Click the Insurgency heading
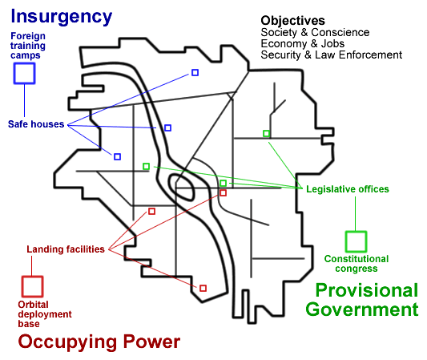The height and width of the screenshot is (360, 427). tap(61, 18)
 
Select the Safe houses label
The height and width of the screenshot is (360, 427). tap(36, 124)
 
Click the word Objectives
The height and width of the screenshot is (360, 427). tap(292, 21)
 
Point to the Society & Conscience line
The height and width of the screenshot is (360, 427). tap(315, 32)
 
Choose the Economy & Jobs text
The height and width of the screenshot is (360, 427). tap(303, 43)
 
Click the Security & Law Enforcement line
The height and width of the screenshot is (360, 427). tap(332, 55)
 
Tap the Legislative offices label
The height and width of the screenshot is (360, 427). tap(348, 189)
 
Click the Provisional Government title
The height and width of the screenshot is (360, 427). tap(362, 300)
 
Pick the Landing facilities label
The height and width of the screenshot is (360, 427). tap(66, 249)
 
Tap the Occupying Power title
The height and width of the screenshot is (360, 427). tap(99, 342)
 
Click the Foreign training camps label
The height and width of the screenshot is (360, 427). tap(28, 46)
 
